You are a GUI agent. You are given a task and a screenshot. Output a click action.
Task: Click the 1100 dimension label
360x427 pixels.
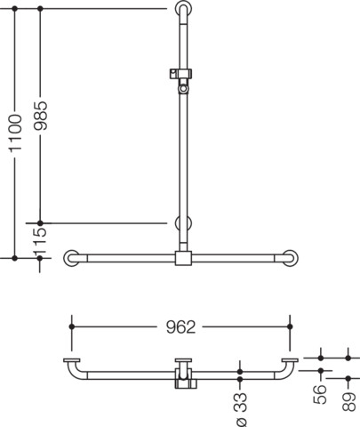15,133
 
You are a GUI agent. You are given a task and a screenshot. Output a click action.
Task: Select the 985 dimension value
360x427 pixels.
41,116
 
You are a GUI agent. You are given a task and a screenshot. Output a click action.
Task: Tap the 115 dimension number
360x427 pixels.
41,241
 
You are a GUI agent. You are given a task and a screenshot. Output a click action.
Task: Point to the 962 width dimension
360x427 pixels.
180,327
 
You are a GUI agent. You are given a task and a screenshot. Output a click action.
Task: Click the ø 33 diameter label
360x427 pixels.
242,409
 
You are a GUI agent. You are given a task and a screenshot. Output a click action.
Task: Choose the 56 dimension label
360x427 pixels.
320,394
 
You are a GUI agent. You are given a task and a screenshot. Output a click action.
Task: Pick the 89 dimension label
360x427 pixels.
348,401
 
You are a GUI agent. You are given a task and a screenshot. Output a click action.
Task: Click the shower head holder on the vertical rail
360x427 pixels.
181,80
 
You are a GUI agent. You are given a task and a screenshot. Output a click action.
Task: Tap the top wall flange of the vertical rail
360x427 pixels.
184,8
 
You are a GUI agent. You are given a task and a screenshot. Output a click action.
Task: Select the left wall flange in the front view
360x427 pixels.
71,258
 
